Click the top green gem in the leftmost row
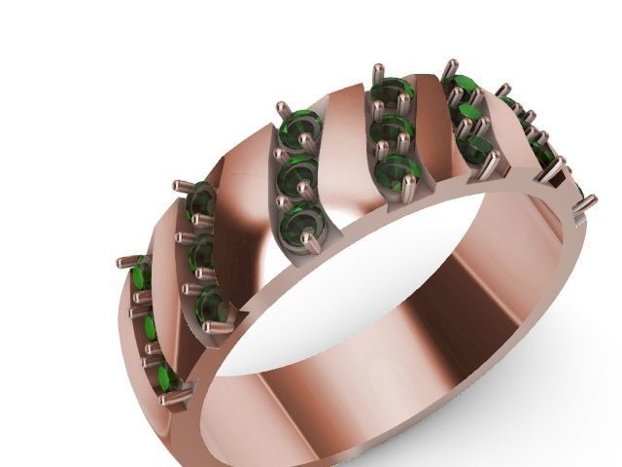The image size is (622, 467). (142, 275)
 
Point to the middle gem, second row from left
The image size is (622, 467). (202, 252)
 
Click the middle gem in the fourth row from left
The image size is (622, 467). (392, 130)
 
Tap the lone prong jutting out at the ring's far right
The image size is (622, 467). (587, 205)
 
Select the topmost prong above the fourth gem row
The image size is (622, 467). (375, 71)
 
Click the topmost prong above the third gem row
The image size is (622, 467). (282, 103)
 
